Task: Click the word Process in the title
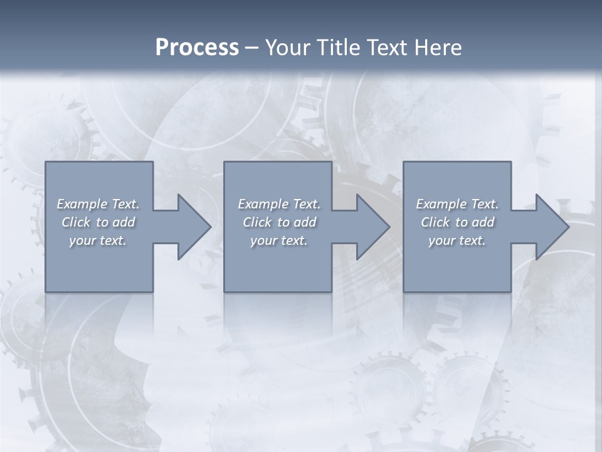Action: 197,48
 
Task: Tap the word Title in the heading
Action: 338,48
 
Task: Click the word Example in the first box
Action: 82,204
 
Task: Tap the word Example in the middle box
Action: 263,204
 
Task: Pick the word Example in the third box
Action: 441,204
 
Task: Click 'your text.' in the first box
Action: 98,240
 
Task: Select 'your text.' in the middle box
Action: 278,240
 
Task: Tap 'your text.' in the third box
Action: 457,240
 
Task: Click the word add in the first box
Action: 124,222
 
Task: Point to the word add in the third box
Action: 483,222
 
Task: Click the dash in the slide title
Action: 252,48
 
